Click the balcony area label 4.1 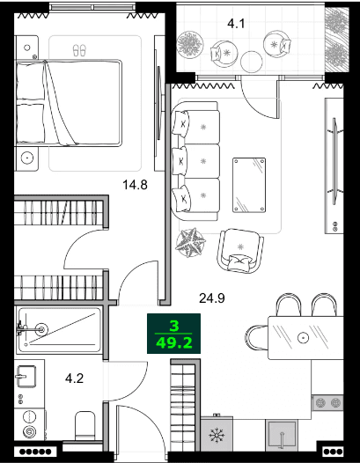(x=235, y=24)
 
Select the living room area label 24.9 (x=212, y=298)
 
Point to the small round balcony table (x=253, y=60)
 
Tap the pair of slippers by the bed (x=79, y=51)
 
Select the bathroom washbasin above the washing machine (x=27, y=377)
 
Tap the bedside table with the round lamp (x=28, y=158)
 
